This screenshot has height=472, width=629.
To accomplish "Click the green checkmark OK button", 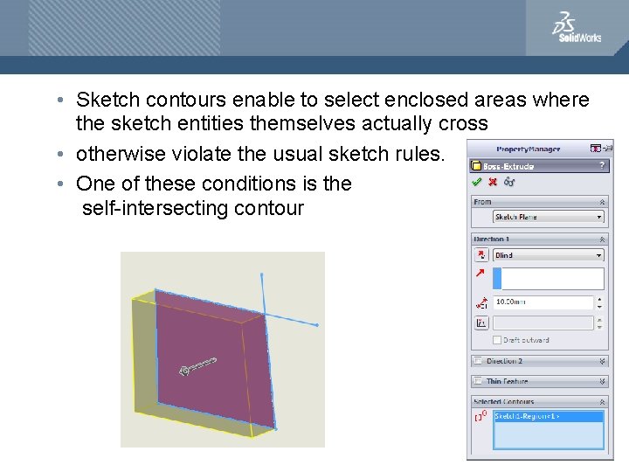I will [476, 182].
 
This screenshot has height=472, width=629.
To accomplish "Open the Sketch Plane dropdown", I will [548, 217].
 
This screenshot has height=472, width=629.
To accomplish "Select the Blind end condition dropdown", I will [548, 255].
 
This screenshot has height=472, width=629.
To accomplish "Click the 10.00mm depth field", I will [543, 302].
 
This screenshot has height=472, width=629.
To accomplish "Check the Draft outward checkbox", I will [498, 340].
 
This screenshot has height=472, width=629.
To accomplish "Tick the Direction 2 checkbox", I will [477, 361].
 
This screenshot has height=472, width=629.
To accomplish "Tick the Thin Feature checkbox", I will [477, 381].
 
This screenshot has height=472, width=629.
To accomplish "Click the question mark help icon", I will [601, 165].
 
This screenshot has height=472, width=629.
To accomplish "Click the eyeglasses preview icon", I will [508, 182].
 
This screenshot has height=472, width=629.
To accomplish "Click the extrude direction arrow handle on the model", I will [197, 365].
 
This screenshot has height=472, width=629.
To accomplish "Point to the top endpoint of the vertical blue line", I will [261, 274].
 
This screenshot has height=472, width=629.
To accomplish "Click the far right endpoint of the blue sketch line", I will [316, 325].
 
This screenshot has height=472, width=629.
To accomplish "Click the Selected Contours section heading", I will [503, 401].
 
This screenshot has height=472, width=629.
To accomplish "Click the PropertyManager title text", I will [529, 149].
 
